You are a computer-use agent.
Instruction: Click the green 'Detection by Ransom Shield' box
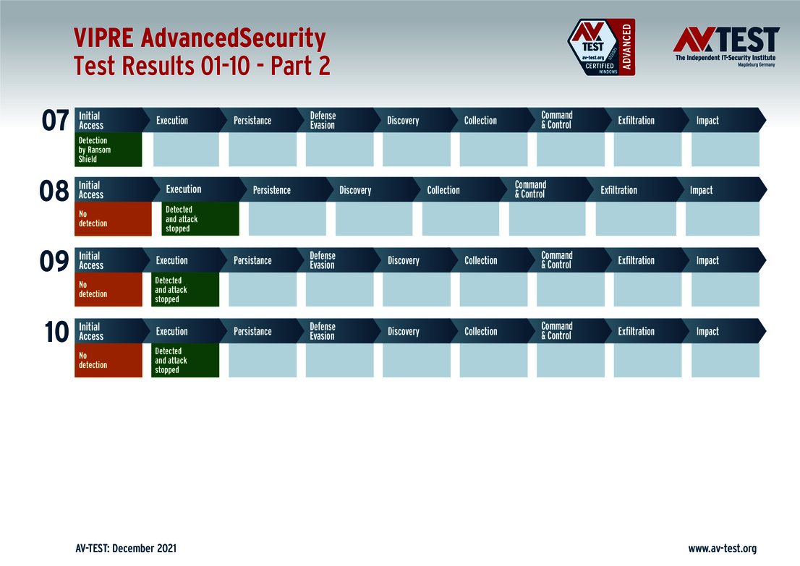(x=108, y=150)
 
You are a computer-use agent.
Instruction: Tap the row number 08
(x=54, y=192)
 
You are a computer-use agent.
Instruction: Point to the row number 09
(x=54, y=262)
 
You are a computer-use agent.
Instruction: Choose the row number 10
(x=56, y=333)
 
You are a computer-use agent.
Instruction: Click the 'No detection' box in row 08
(x=113, y=219)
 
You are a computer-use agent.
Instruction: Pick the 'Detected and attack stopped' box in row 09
(x=185, y=290)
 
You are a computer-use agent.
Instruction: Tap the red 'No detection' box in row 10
(x=108, y=361)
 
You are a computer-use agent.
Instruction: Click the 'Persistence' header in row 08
(x=272, y=190)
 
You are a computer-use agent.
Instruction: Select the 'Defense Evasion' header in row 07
(x=323, y=121)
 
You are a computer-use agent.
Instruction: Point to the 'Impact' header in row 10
(x=707, y=332)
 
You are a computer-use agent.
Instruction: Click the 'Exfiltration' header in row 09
(x=636, y=261)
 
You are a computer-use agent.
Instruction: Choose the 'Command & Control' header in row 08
(x=531, y=190)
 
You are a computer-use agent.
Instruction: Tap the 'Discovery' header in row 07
(x=403, y=121)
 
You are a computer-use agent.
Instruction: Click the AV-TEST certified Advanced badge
(x=600, y=48)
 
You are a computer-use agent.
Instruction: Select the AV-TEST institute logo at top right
(x=725, y=46)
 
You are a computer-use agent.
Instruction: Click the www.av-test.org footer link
(x=722, y=549)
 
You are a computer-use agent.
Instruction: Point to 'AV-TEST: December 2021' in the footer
(x=125, y=549)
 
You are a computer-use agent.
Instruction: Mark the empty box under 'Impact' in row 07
(x=725, y=150)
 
